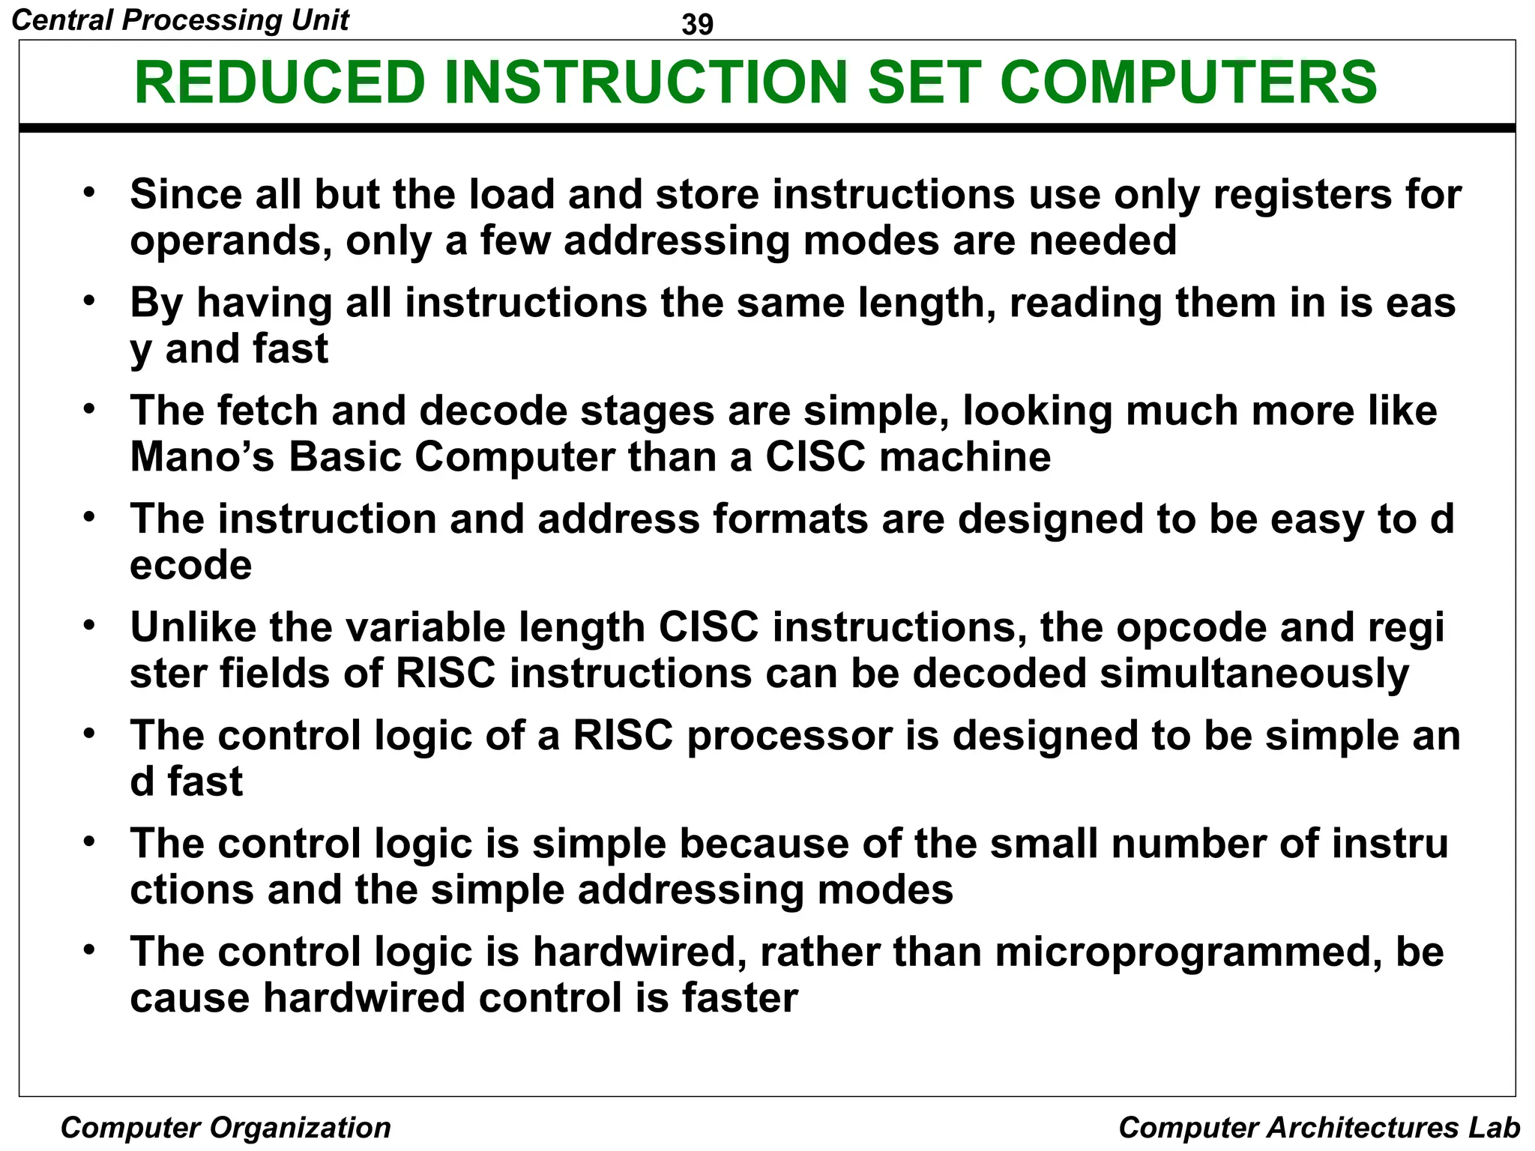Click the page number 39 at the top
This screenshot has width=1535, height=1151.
tap(698, 25)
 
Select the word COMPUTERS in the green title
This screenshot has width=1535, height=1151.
tap(1188, 82)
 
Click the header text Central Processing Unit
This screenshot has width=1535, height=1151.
tap(181, 19)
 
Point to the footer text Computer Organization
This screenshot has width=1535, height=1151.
tap(226, 1127)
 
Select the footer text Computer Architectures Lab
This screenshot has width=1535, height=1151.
tap(1318, 1127)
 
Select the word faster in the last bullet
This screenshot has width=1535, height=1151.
tap(740, 999)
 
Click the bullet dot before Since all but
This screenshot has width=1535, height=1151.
tap(89, 193)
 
